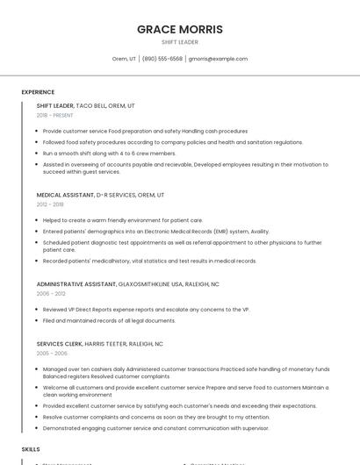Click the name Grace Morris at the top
click(x=179, y=29)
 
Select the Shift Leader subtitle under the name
click(x=179, y=41)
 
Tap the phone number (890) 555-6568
click(x=162, y=59)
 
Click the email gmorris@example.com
click(x=218, y=59)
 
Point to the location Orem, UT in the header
click(x=124, y=59)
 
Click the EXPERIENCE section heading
click(x=38, y=92)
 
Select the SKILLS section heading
click(x=31, y=448)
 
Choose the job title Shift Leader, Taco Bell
click(x=85, y=105)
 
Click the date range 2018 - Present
click(x=54, y=115)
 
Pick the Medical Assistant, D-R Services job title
click(x=100, y=195)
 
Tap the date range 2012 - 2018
click(x=50, y=204)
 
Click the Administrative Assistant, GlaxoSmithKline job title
click(x=127, y=284)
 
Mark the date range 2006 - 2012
click(x=50, y=294)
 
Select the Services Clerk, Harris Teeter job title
click(x=99, y=344)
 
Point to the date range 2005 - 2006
click(x=51, y=354)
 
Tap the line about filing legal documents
click(x=109, y=320)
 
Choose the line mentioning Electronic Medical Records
click(x=156, y=231)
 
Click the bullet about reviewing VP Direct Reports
click(x=146, y=310)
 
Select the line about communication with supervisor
click(x=156, y=427)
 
